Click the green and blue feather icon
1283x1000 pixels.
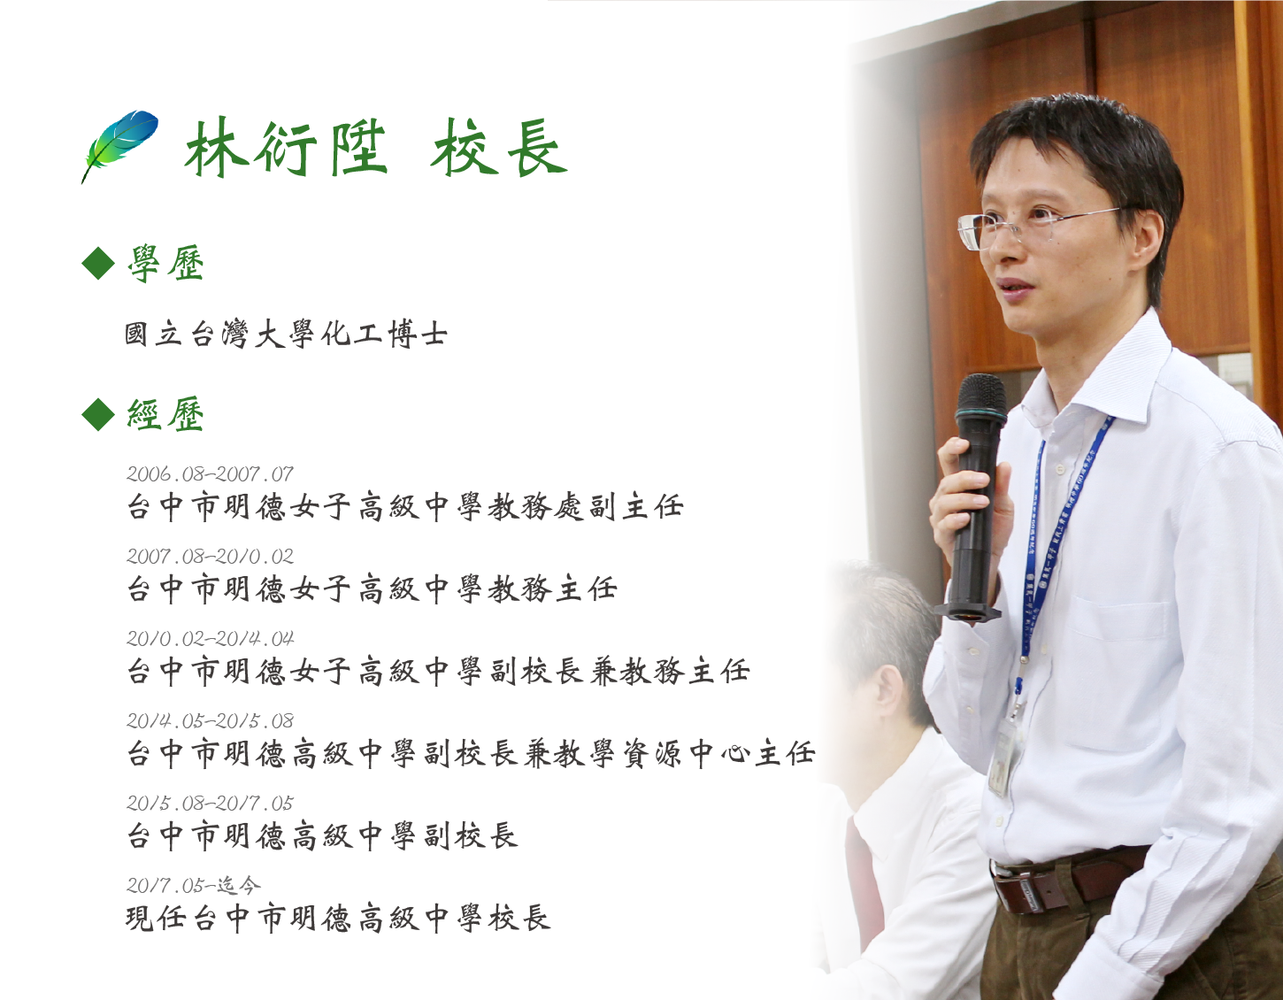tap(119, 145)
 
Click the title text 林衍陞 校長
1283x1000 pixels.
tap(375, 148)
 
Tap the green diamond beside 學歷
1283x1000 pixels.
tap(98, 264)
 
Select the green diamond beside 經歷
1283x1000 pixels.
tap(98, 414)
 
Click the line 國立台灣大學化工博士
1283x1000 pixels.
tap(286, 335)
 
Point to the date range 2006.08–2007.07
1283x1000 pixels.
tap(210, 473)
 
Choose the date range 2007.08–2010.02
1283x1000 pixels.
tap(210, 556)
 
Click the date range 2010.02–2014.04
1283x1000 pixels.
tap(210, 638)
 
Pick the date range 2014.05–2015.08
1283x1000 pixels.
tap(210, 720)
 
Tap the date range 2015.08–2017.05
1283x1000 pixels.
tap(210, 803)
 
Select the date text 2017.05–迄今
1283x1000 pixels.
tap(193, 885)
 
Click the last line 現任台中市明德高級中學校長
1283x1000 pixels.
tap(338, 919)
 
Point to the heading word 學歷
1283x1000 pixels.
tap(166, 264)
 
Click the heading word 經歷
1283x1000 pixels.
tap(166, 414)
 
